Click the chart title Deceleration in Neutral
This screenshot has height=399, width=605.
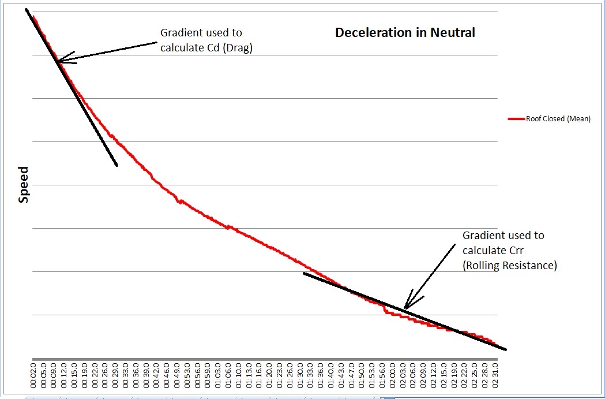[x=405, y=33]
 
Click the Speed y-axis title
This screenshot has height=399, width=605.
[x=24, y=185]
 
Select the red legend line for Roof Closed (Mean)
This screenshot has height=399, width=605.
[x=516, y=120]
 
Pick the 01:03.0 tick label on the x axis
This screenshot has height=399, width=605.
[x=217, y=375]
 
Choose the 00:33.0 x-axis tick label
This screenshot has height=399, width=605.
[x=126, y=375]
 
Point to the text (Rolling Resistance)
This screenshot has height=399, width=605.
[x=510, y=266]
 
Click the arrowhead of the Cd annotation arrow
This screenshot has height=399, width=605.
[x=58, y=59]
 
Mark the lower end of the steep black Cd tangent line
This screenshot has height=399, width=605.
[x=117, y=166]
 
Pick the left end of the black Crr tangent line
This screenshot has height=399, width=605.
[x=304, y=273]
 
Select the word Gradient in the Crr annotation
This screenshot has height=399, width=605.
[x=483, y=236]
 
